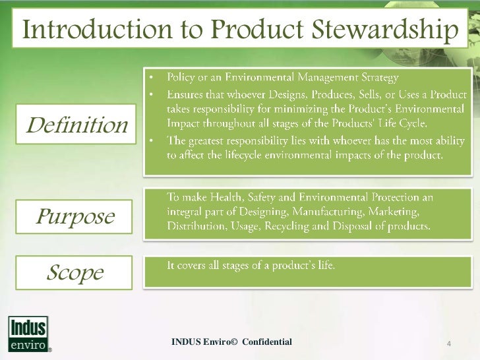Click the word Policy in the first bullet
click(x=180, y=78)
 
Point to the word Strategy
click(x=376, y=78)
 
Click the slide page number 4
click(x=449, y=343)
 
